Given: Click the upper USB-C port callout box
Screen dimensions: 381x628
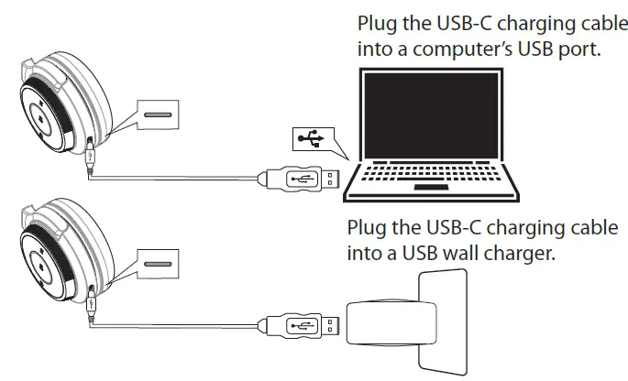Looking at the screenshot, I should (x=159, y=116).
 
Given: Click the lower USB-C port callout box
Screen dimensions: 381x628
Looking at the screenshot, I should (x=159, y=266).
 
